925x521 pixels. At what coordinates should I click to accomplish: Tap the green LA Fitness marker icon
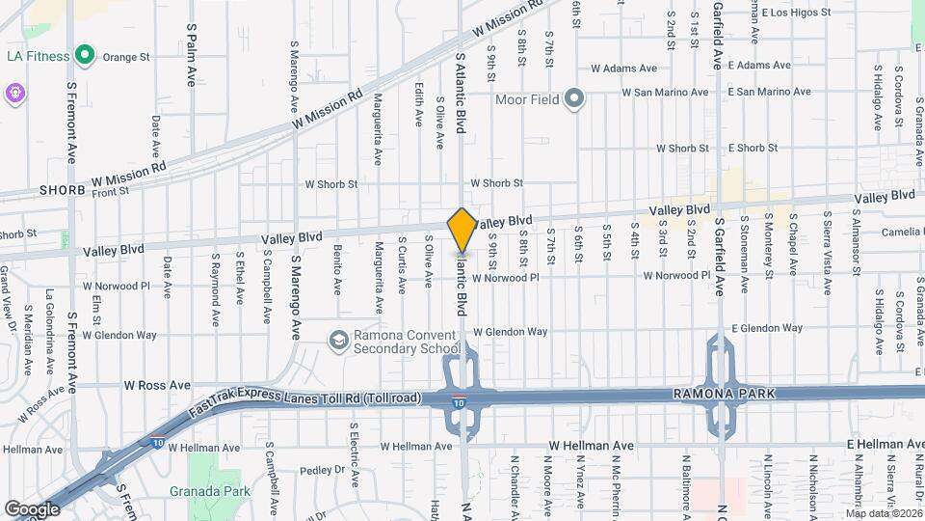(85, 56)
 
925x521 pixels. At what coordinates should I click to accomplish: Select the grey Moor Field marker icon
(575, 98)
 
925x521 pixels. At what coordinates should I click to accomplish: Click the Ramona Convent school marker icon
(338, 340)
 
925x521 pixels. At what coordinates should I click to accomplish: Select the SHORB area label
(63, 191)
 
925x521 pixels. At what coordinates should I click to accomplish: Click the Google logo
(32, 508)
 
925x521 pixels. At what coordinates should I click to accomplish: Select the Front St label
(112, 192)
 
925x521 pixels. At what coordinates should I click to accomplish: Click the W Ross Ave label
(157, 385)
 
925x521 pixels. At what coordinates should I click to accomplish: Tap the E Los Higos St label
(795, 13)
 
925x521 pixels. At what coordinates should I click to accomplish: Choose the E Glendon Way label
(767, 328)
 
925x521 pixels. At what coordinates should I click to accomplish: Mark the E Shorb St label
(753, 148)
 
